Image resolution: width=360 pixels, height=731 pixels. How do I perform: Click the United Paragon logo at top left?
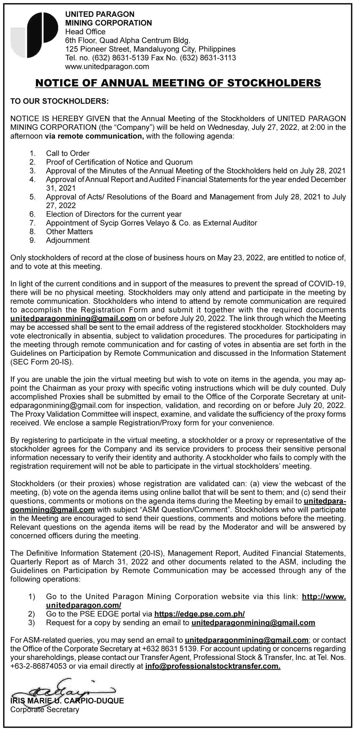click(x=34, y=35)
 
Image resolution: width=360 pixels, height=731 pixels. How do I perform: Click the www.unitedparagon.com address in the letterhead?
click(x=107, y=66)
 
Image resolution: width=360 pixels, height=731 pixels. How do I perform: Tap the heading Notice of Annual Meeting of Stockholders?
click(x=178, y=83)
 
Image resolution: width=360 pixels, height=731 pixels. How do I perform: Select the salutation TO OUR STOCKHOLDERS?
click(x=60, y=101)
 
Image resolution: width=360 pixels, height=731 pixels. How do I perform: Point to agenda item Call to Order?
click(x=68, y=153)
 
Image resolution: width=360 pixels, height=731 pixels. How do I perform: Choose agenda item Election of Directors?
click(x=114, y=214)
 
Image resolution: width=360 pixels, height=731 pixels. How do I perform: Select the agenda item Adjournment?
click(x=68, y=240)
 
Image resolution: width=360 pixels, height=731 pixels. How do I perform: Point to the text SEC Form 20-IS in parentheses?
click(x=42, y=362)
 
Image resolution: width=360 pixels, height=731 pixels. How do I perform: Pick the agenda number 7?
click(x=33, y=223)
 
